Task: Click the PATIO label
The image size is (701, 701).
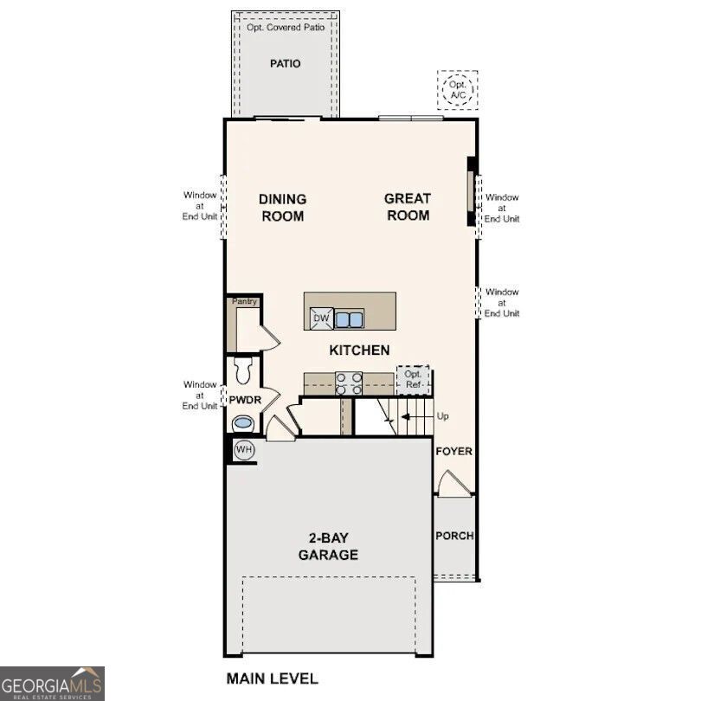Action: [285, 63]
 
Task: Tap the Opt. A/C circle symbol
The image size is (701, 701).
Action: [457, 89]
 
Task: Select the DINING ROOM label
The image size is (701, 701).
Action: [282, 208]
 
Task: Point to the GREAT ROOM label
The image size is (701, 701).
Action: [408, 207]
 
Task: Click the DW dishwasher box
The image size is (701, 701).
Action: [321, 318]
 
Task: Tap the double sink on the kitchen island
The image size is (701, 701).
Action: [350, 319]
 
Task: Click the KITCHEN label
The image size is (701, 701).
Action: [359, 350]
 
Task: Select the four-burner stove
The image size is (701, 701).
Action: [349, 383]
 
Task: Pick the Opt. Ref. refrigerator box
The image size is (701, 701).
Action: [413, 379]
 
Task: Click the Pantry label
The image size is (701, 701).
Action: [244, 301]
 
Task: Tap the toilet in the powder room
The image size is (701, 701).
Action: [242, 370]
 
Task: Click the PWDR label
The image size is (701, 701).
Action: [244, 400]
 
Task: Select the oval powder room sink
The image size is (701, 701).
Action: [243, 423]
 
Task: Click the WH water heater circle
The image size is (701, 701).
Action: [244, 450]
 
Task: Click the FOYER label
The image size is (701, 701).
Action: [453, 452]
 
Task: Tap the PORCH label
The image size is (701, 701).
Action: [454, 536]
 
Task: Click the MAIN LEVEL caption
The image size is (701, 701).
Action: [272, 678]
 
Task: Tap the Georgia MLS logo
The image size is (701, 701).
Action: [52, 684]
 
